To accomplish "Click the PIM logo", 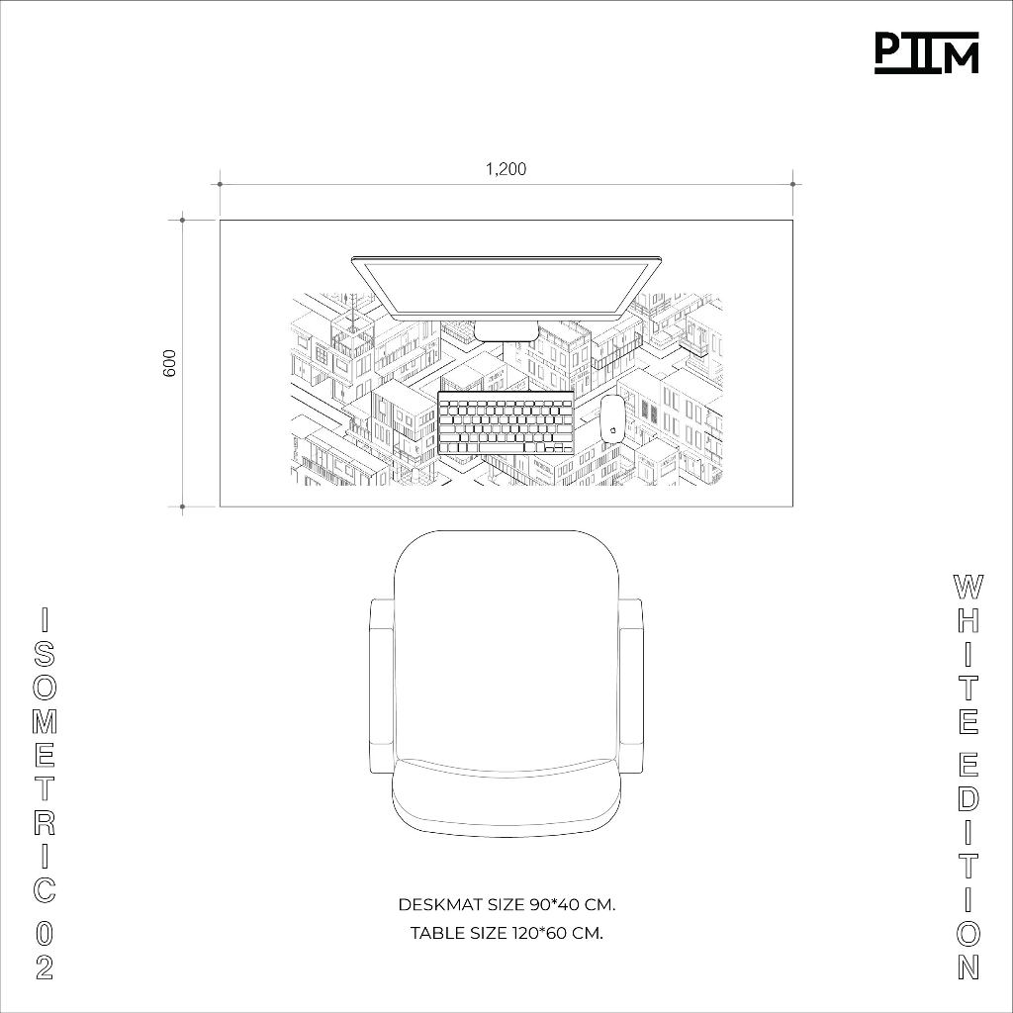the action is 926,53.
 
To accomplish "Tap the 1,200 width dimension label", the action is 506,169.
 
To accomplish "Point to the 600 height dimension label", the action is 169,363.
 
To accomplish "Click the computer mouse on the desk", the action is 610,418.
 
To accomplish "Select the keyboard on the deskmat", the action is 506,423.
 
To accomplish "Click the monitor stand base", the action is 506,329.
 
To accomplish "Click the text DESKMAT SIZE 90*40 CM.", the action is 506,904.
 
